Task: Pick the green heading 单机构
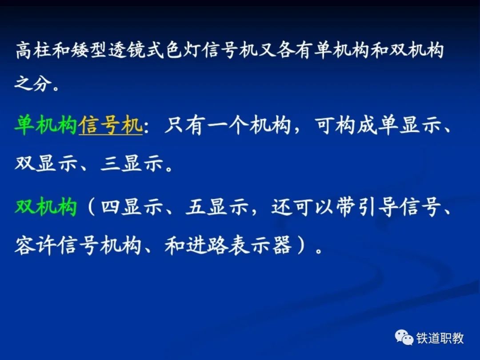(46, 125)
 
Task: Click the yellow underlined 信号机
(111, 125)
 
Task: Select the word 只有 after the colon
(183, 125)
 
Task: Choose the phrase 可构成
(345, 125)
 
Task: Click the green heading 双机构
(46, 207)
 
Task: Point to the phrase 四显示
(132, 207)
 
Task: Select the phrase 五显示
(217, 207)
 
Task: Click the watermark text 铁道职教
(440, 338)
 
